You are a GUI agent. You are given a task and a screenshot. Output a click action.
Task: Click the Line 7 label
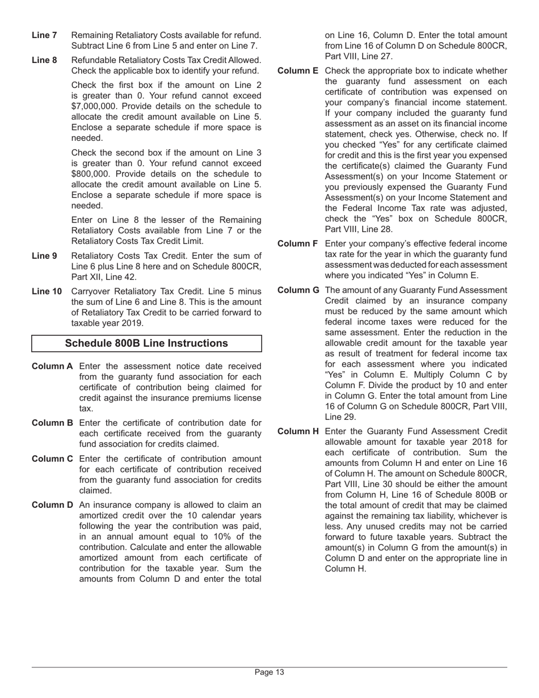[x=44, y=35]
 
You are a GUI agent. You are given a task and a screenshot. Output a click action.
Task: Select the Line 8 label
[x=44, y=60]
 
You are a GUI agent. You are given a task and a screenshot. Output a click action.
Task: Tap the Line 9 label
[x=44, y=256]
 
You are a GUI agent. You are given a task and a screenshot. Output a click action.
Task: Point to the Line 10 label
[x=47, y=292]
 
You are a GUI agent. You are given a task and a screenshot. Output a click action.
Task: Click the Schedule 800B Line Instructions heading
[x=146, y=343]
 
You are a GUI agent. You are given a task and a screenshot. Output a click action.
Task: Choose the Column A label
[x=52, y=366]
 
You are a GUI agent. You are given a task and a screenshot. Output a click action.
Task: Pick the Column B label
[x=52, y=423]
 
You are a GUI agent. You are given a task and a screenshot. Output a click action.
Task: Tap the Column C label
[x=52, y=459]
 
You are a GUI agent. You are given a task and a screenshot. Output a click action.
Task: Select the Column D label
[x=52, y=505]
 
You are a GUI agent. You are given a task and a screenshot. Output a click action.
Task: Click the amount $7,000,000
[x=95, y=106]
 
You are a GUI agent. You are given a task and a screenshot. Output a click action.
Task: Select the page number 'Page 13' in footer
[x=269, y=672]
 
